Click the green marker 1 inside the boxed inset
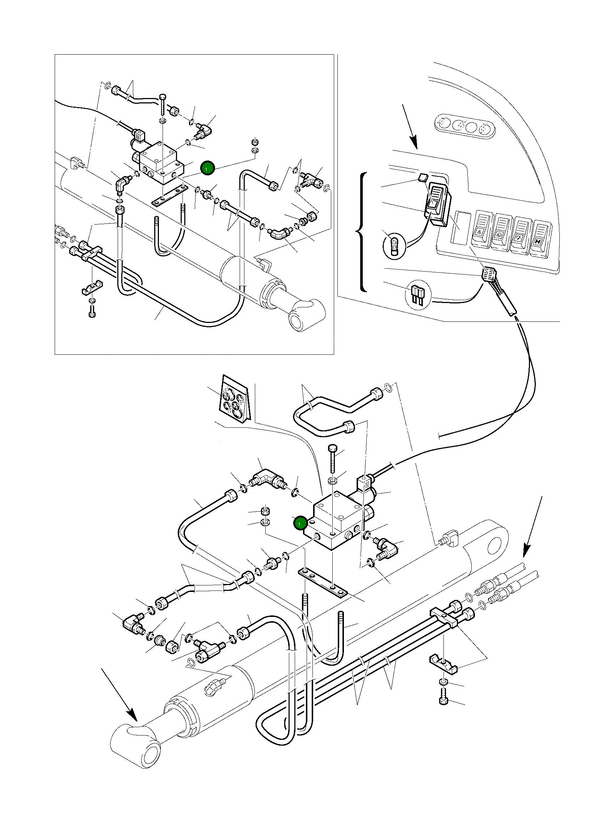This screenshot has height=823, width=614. [207, 168]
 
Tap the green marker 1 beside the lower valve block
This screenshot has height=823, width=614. [299, 524]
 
